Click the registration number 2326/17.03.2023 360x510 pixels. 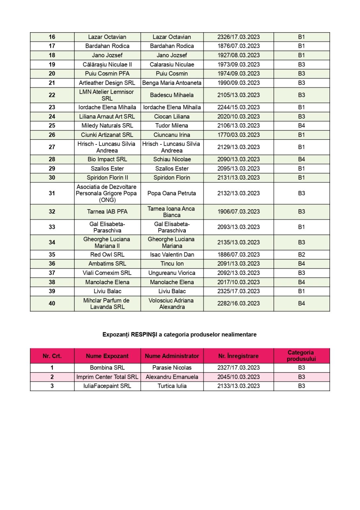pos(238,37)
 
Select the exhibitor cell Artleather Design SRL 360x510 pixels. pos(107,83)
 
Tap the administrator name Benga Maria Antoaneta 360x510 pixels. pos(172,83)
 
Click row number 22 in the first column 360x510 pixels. pos(52,95)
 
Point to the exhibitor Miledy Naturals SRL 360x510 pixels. pos(107,126)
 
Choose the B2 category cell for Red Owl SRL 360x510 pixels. pos(301,255)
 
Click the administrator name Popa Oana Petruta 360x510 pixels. pos(172,193)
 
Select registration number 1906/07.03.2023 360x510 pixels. pos(238,212)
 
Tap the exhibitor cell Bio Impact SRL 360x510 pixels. pos(107,159)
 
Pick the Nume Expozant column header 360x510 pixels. pos(107,356)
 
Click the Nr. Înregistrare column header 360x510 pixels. pos(238,356)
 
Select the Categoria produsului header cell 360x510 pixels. pos(301,356)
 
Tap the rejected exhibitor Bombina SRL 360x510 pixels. pos(107,368)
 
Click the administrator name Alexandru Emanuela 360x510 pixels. pos(172,377)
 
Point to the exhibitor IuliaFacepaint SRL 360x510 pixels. pos(107,386)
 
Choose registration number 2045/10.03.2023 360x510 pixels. pos(238,377)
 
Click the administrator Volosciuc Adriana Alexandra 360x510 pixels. pos(172,303)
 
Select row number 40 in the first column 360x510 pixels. pos(52,303)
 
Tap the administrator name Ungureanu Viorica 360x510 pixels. pos(172,273)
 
